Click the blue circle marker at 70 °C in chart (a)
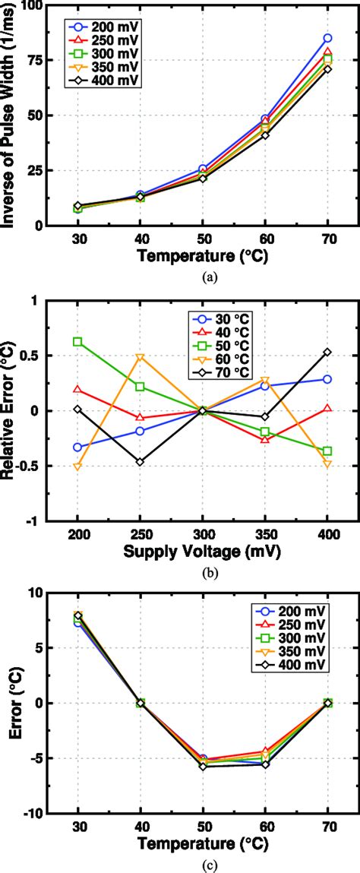pyautogui.click(x=327, y=38)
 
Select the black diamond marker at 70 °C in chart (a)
pyautogui.click(x=327, y=69)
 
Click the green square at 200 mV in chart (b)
pyautogui.click(x=78, y=342)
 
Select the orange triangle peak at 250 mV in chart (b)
pyautogui.click(x=141, y=357)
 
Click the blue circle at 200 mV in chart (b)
pyautogui.click(x=78, y=448)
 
